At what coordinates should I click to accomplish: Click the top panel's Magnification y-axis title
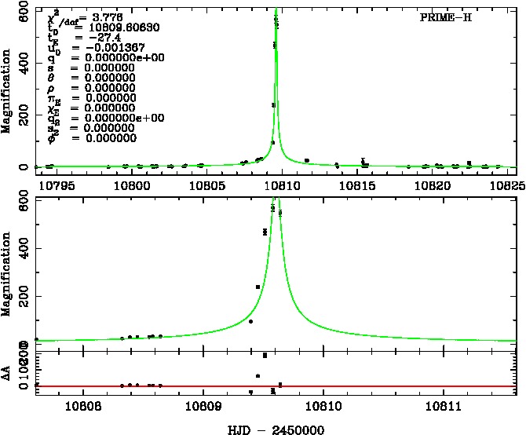(7, 93)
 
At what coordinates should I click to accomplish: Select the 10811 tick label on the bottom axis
(444, 408)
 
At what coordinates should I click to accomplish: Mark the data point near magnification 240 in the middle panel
(258, 287)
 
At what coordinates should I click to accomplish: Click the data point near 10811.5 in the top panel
(306, 160)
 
